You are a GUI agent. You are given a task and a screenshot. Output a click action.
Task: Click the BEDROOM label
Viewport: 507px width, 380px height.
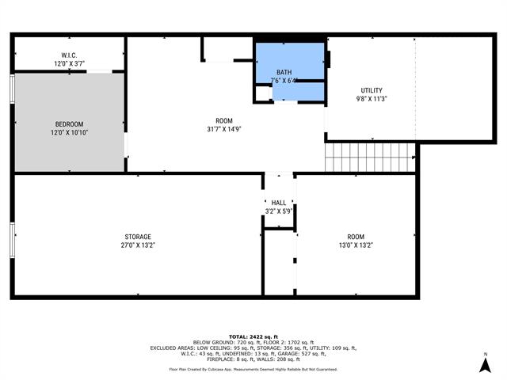(x=68, y=123)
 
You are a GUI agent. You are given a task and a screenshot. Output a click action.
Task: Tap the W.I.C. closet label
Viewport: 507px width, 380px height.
(x=68, y=55)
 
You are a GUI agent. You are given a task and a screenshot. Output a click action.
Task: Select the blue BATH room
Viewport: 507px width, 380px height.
(x=289, y=71)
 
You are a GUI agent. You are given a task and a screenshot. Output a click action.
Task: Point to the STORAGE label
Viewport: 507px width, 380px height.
(x=137, y=237)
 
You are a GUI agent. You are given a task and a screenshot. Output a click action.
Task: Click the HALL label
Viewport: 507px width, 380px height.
(x=278, y=203)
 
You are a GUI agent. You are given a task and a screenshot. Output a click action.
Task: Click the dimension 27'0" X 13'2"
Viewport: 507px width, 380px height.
(x=137, y=245)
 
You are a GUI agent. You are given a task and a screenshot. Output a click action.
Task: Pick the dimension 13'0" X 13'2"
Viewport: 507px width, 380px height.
(x=356, y=245)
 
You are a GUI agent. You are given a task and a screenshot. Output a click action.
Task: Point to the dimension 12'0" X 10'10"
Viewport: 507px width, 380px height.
(x=68, y=132)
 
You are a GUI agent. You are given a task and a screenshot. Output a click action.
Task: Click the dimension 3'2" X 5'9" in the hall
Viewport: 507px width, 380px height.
(x=278, y=211)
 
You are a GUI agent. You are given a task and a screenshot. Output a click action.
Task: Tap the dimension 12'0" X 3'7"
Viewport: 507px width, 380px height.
(x=68, y=63)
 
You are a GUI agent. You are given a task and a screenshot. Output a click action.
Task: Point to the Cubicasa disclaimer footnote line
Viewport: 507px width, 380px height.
(x=253, y=369)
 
